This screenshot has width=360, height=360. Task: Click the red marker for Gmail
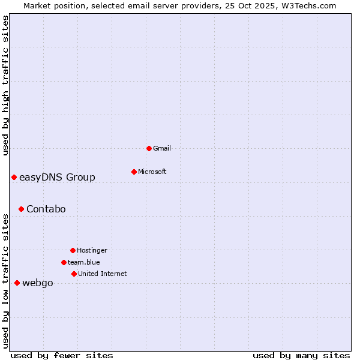(149, 148)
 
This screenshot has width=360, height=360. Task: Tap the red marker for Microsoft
(134, 172)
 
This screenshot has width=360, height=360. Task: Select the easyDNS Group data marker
(14, 177)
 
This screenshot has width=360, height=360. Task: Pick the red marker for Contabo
(21, 209)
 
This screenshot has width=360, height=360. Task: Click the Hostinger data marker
(73, 250)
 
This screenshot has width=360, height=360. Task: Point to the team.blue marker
(64, 262)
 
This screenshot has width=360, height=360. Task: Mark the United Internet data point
(74, 274)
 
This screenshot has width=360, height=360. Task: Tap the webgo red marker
(17, 283)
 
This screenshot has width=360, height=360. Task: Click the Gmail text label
(162, 148)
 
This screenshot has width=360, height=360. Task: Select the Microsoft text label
(152, 172)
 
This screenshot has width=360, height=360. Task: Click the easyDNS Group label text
(57, 177)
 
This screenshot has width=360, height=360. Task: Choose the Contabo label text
(46, 209)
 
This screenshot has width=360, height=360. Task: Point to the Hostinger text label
(92, 250)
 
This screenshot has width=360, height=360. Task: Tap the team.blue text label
(84, 262)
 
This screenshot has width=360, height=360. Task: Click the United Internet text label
(103, 274)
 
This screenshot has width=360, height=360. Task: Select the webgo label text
(38, 283)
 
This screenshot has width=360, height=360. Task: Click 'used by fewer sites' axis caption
(62, 355)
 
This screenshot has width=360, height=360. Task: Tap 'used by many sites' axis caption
(301, 355)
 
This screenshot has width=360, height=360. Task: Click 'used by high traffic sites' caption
(5, 85)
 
